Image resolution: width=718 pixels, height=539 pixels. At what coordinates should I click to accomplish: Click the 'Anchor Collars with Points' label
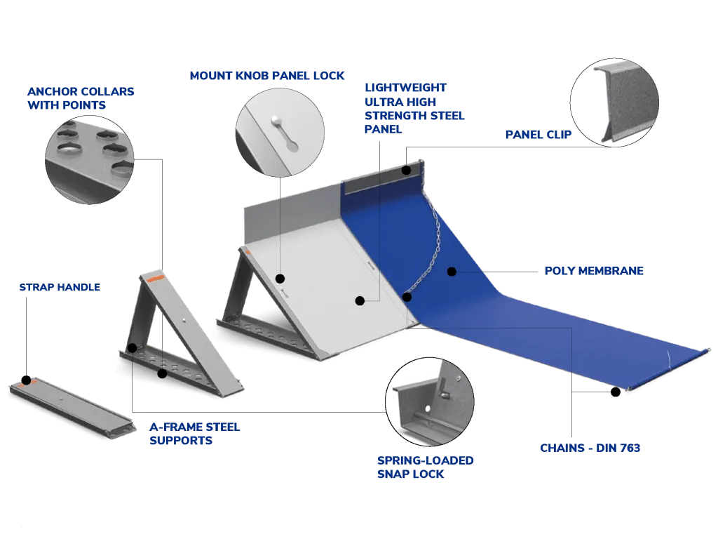pyautogui.click(x=80, y=99)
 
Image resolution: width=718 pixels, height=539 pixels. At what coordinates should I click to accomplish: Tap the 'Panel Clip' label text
pyautogui.click(x=538, y=133)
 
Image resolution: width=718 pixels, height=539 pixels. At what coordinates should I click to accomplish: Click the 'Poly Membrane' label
pyautogui.click(x=594, y=270)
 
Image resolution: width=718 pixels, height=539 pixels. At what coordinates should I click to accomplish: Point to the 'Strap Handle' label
pyautogui.click(x=59, y=287)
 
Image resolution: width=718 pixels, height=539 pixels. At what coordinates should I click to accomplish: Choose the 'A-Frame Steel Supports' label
pyautogui.click(x=194, y=434)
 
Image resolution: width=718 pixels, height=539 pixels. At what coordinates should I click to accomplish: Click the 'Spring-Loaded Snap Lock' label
pyautogui.click(x=426, y=467)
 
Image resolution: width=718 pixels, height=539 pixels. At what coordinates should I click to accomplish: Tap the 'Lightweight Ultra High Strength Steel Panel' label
pyautogui.click(x=414, y=108)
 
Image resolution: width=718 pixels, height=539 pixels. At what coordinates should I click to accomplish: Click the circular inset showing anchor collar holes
pyautogui.click(x=90, y=154)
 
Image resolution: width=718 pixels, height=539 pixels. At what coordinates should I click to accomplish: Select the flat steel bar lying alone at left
pyautogui.click(x=70, y=408)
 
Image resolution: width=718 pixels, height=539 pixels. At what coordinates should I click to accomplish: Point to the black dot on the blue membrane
pyautogui.click(x=452, y=271)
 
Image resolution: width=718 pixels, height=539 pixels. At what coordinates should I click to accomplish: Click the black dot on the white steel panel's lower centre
pyautogui.click(x=360, y=301)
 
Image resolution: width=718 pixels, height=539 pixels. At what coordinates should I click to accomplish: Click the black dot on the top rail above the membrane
pyautogui.click(x=407, y=171)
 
